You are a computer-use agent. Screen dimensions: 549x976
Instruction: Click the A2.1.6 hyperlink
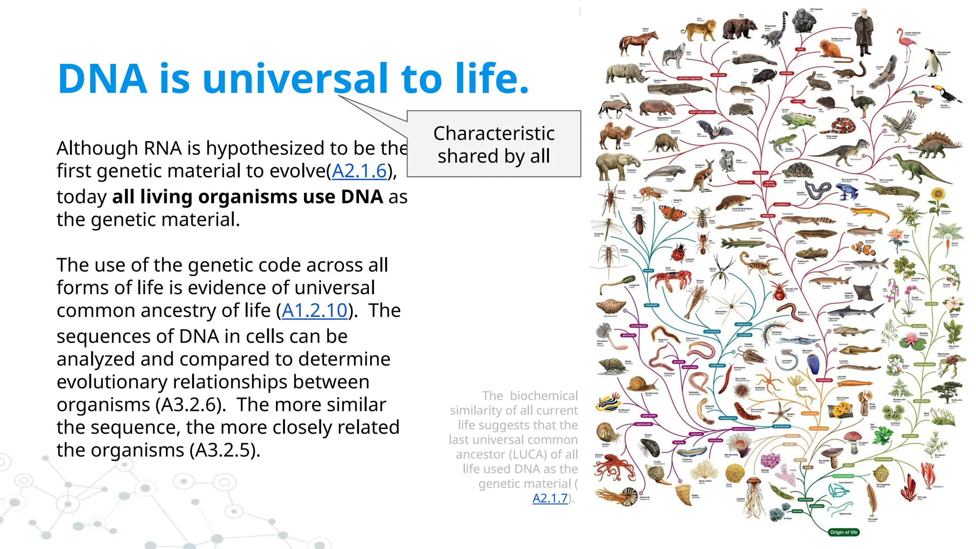click(359, 171)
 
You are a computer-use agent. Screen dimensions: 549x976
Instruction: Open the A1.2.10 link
click(315, 311)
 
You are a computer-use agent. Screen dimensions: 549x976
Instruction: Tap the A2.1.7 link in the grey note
click(550, 498)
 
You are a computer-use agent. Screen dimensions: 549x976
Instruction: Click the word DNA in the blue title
click(102, 79)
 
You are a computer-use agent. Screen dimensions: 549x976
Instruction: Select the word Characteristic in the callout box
click(494, 133)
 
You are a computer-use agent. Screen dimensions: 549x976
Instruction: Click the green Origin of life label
click(843, 532)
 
